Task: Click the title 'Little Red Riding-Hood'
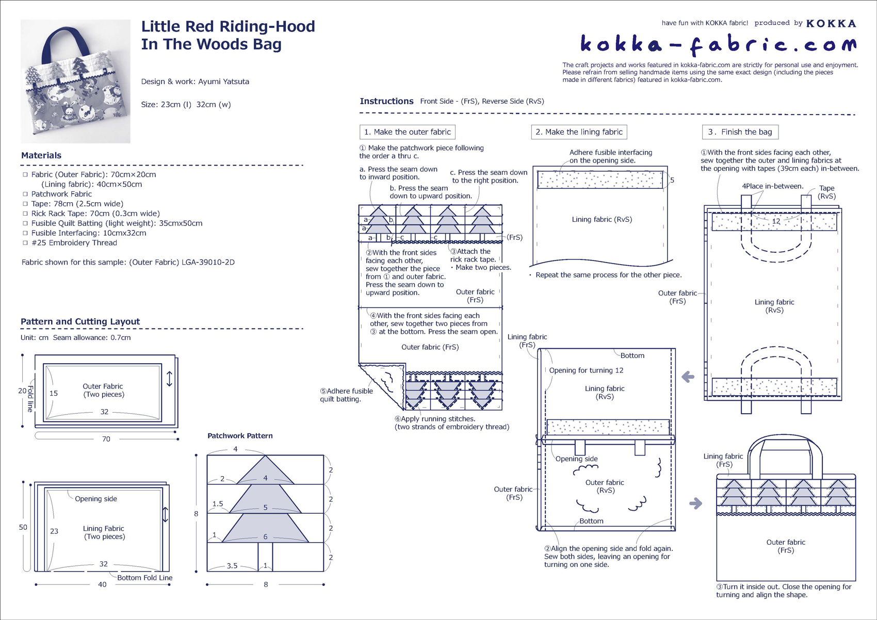228,26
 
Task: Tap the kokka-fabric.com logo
718,45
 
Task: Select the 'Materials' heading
41,155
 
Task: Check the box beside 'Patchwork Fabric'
25,194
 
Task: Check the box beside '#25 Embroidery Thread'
25,242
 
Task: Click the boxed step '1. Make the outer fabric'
407,132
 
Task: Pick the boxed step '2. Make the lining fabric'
579,132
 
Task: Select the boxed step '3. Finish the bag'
740,132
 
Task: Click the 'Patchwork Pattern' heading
240,436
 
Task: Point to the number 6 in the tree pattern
265,536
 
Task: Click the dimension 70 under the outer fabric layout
106,439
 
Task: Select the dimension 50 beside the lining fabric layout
23,527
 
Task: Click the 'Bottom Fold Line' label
144,578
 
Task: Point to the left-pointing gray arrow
688,377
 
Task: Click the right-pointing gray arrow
695,503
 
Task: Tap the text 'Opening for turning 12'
586,370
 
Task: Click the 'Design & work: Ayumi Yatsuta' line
195,81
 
